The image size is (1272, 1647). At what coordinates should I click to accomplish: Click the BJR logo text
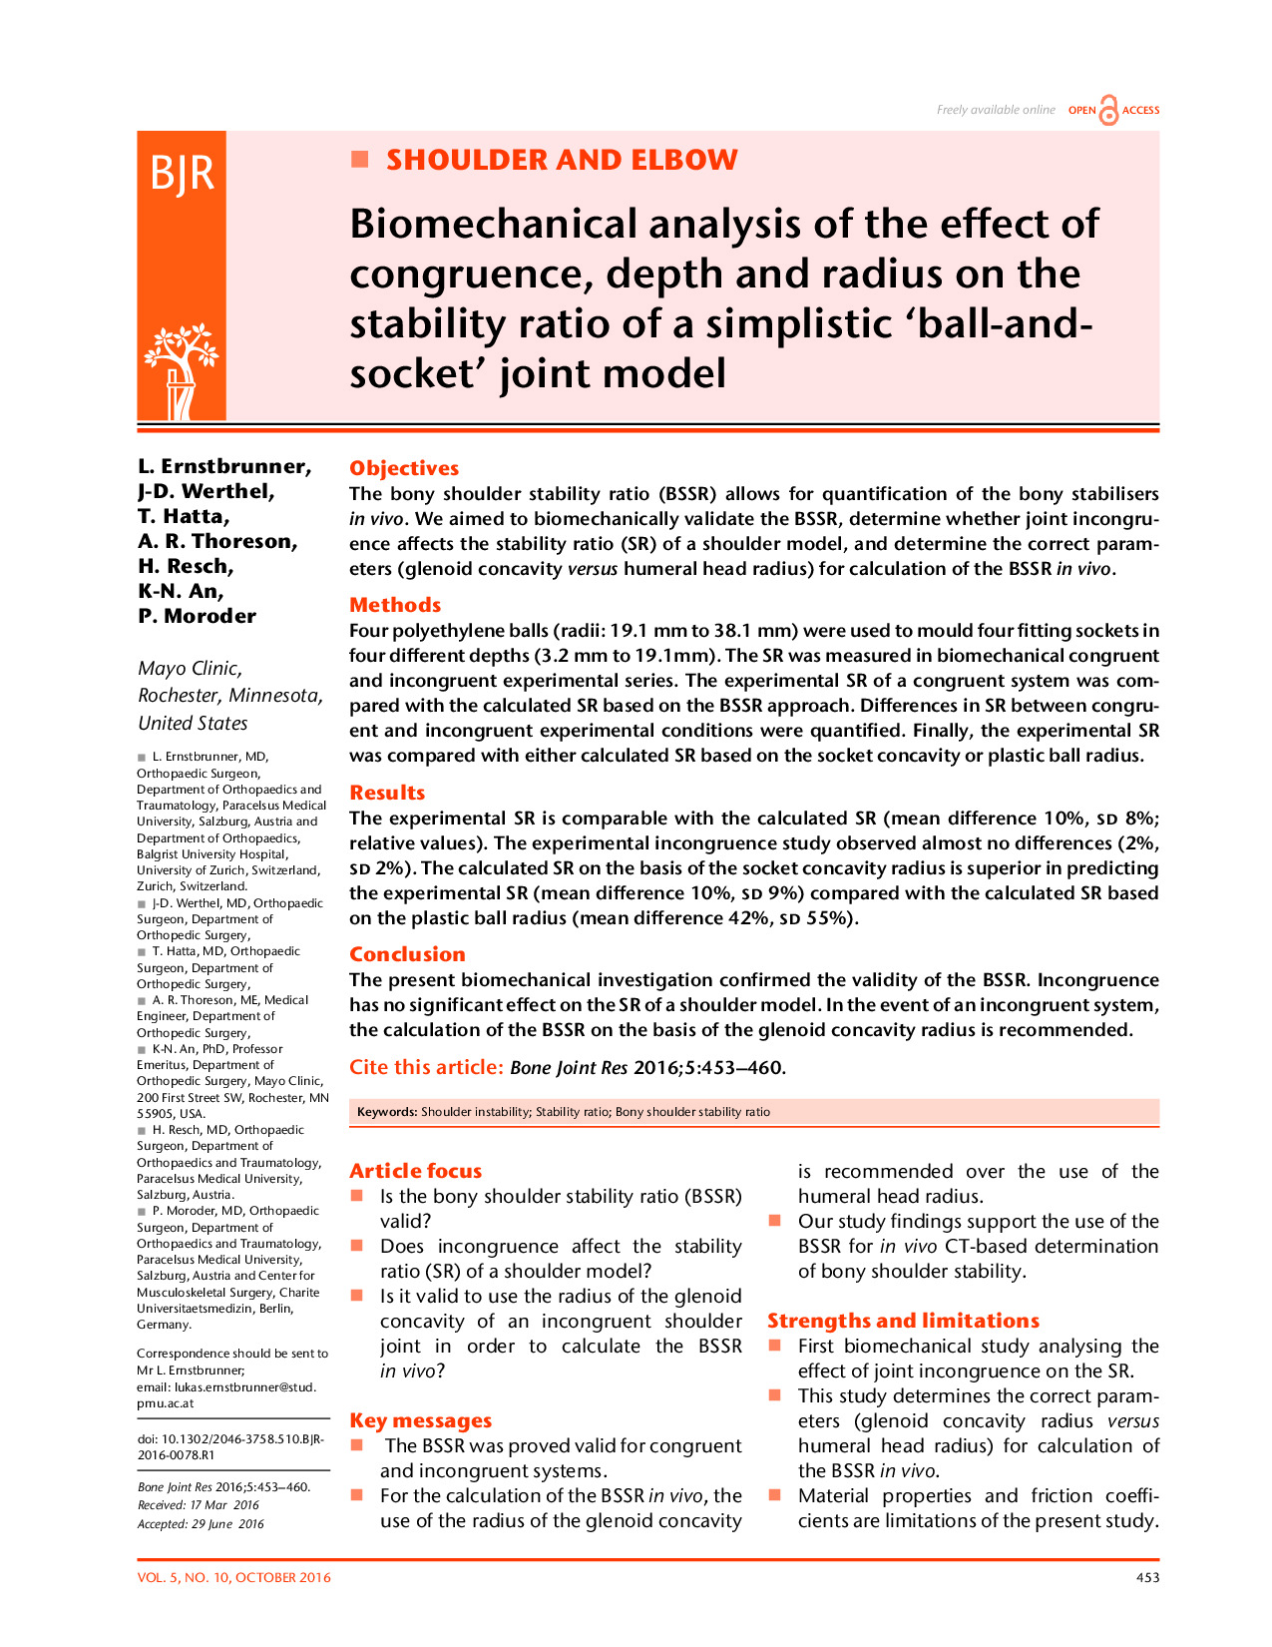(x=182, y=174)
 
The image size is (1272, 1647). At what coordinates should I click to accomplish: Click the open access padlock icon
(x=1108, y=111)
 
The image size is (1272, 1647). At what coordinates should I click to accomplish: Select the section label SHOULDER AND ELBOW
(x=562, y=160)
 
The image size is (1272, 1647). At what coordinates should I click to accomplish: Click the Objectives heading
(x=404, y=468)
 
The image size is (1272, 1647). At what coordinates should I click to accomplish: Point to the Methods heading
(x=395, y=605)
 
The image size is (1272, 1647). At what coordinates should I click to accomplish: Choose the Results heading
(x=387, y=793)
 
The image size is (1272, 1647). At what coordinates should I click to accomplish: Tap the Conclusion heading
(x=407, y=954)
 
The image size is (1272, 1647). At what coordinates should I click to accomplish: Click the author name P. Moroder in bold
(x=197, y=616)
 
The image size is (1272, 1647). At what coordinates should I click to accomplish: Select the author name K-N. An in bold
(x=181, y=591)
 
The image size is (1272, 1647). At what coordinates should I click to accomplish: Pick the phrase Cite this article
(x=426, y=1067)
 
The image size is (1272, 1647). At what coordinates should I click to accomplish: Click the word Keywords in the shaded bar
(x=386, y=1112)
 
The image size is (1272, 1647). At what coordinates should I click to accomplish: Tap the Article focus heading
(x=415, y=1171)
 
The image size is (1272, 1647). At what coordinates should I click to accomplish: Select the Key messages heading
(x=420, y=1420)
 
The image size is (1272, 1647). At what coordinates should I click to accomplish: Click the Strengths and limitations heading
(x=903, y=1321)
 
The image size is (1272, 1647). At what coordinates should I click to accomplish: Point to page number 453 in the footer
(x=1147, y=1578)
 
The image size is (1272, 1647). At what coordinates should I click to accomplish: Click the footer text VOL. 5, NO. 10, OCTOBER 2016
(x=234, y=1578)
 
